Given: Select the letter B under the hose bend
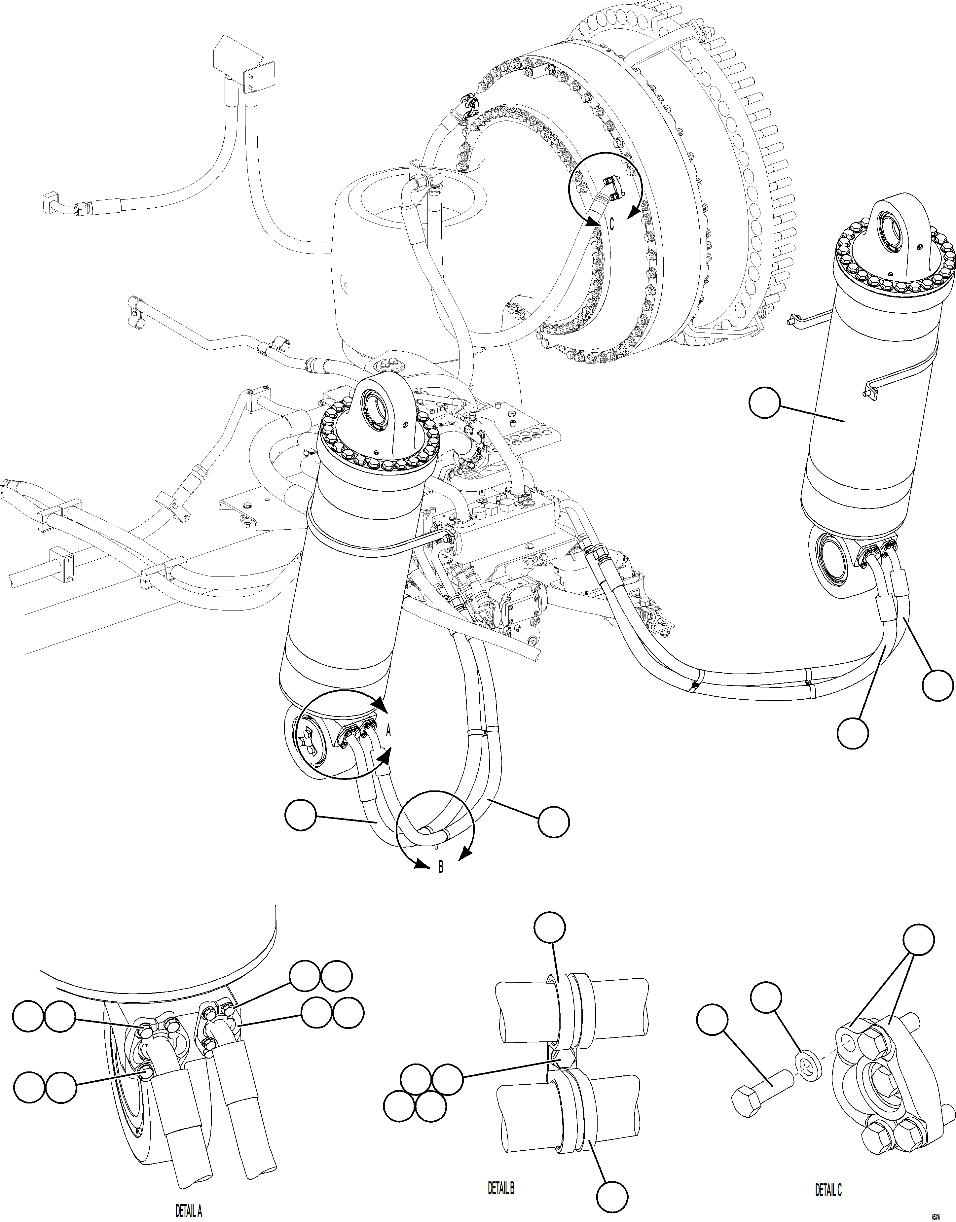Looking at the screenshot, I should (x=440, y=867).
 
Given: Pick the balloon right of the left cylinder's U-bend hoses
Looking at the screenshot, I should (x=554, y=822).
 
